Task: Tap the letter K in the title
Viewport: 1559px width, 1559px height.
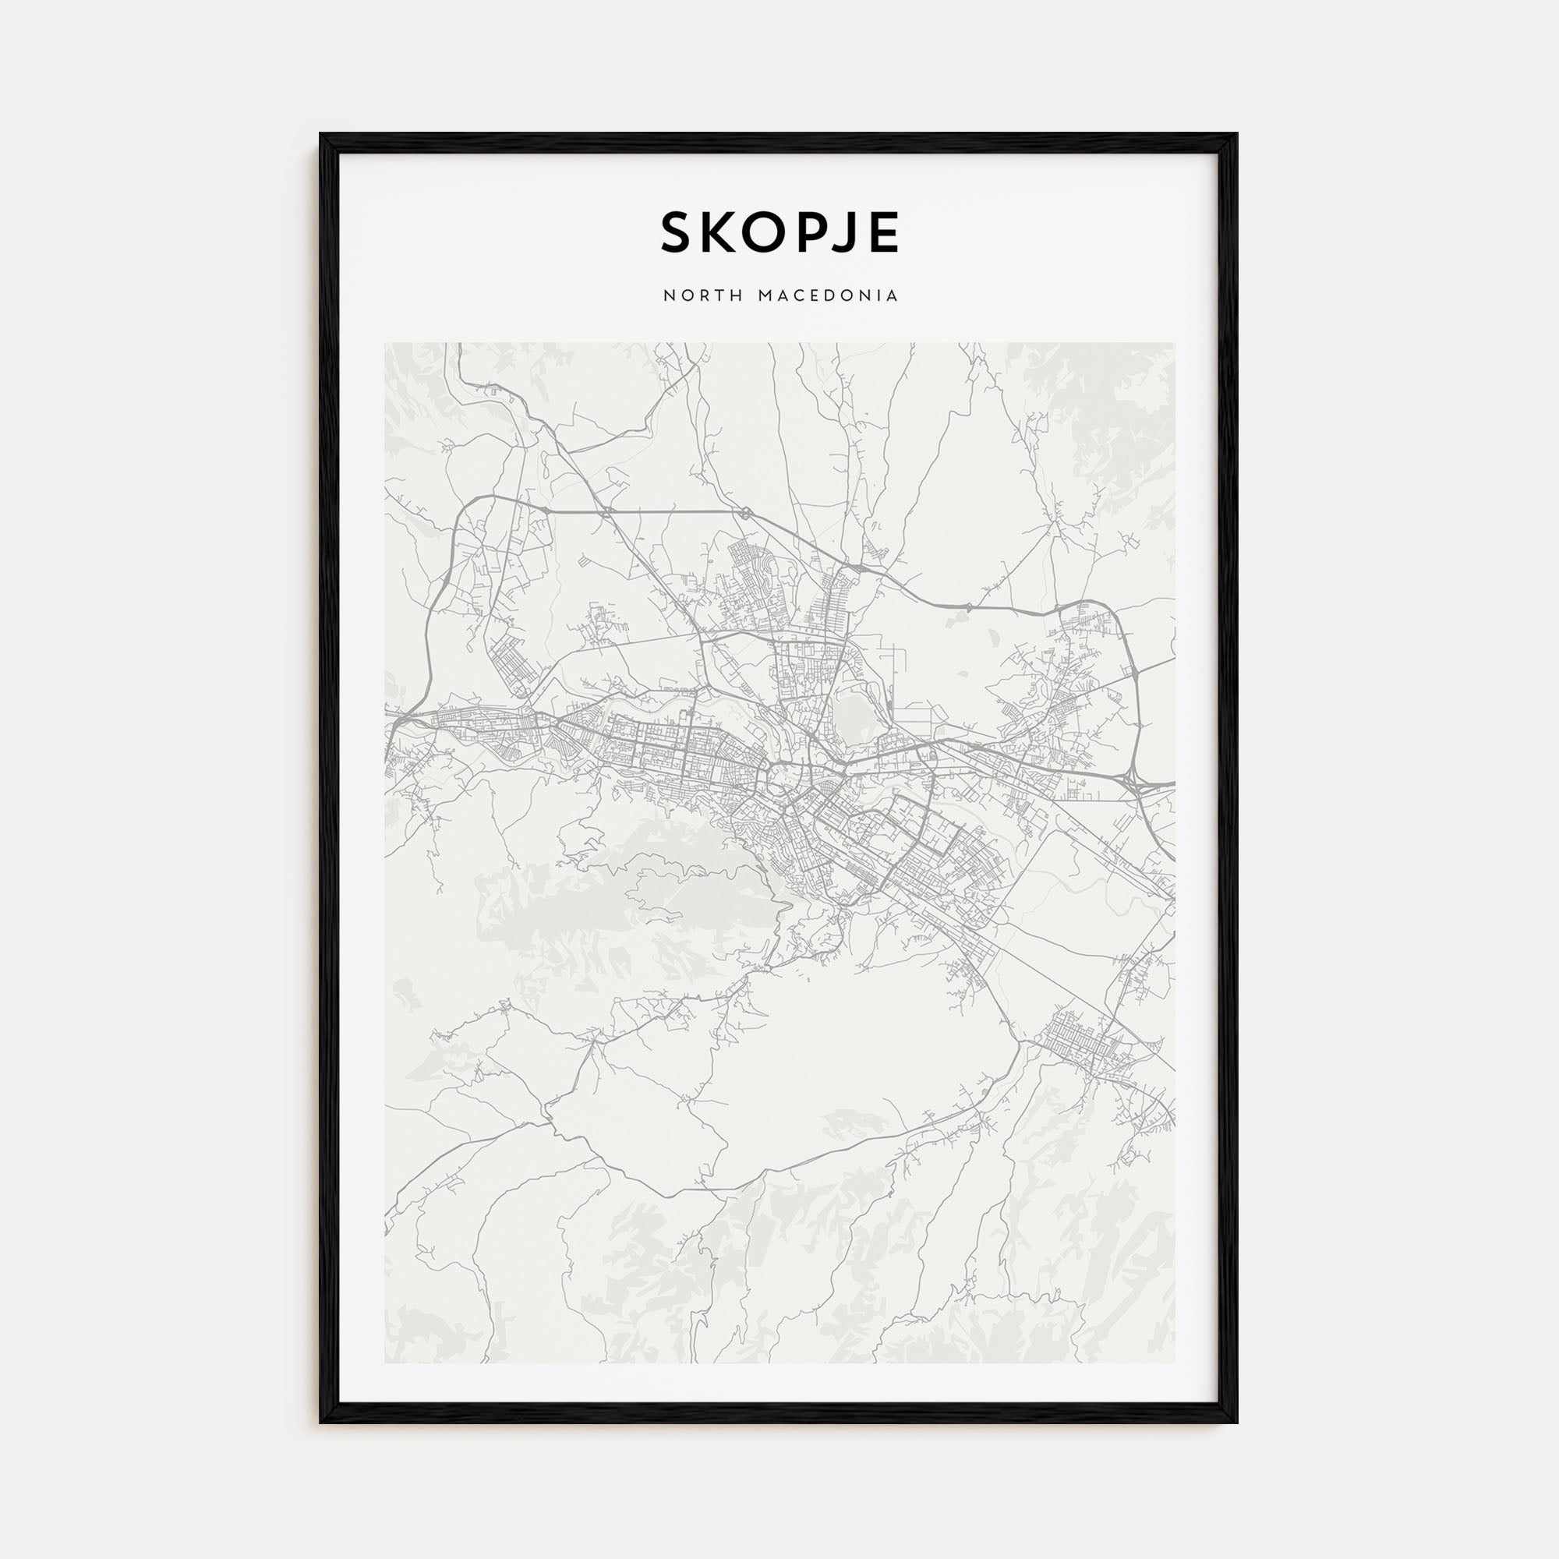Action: [718, 233]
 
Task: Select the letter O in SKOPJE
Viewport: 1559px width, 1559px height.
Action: [763, 233]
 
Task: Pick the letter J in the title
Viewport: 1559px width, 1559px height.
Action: [844, 233]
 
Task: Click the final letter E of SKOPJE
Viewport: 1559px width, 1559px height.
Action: [883, 233]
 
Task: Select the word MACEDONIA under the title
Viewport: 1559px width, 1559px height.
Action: [828, 296]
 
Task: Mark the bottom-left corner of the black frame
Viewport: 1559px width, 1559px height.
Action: [321, 1422]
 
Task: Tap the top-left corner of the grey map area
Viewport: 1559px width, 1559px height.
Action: [386, 343]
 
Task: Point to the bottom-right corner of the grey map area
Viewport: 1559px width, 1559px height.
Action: [1174, 1363]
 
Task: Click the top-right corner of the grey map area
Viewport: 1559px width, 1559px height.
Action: [1174, 343]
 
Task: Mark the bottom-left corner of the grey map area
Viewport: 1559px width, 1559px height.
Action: [386, 1363]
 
